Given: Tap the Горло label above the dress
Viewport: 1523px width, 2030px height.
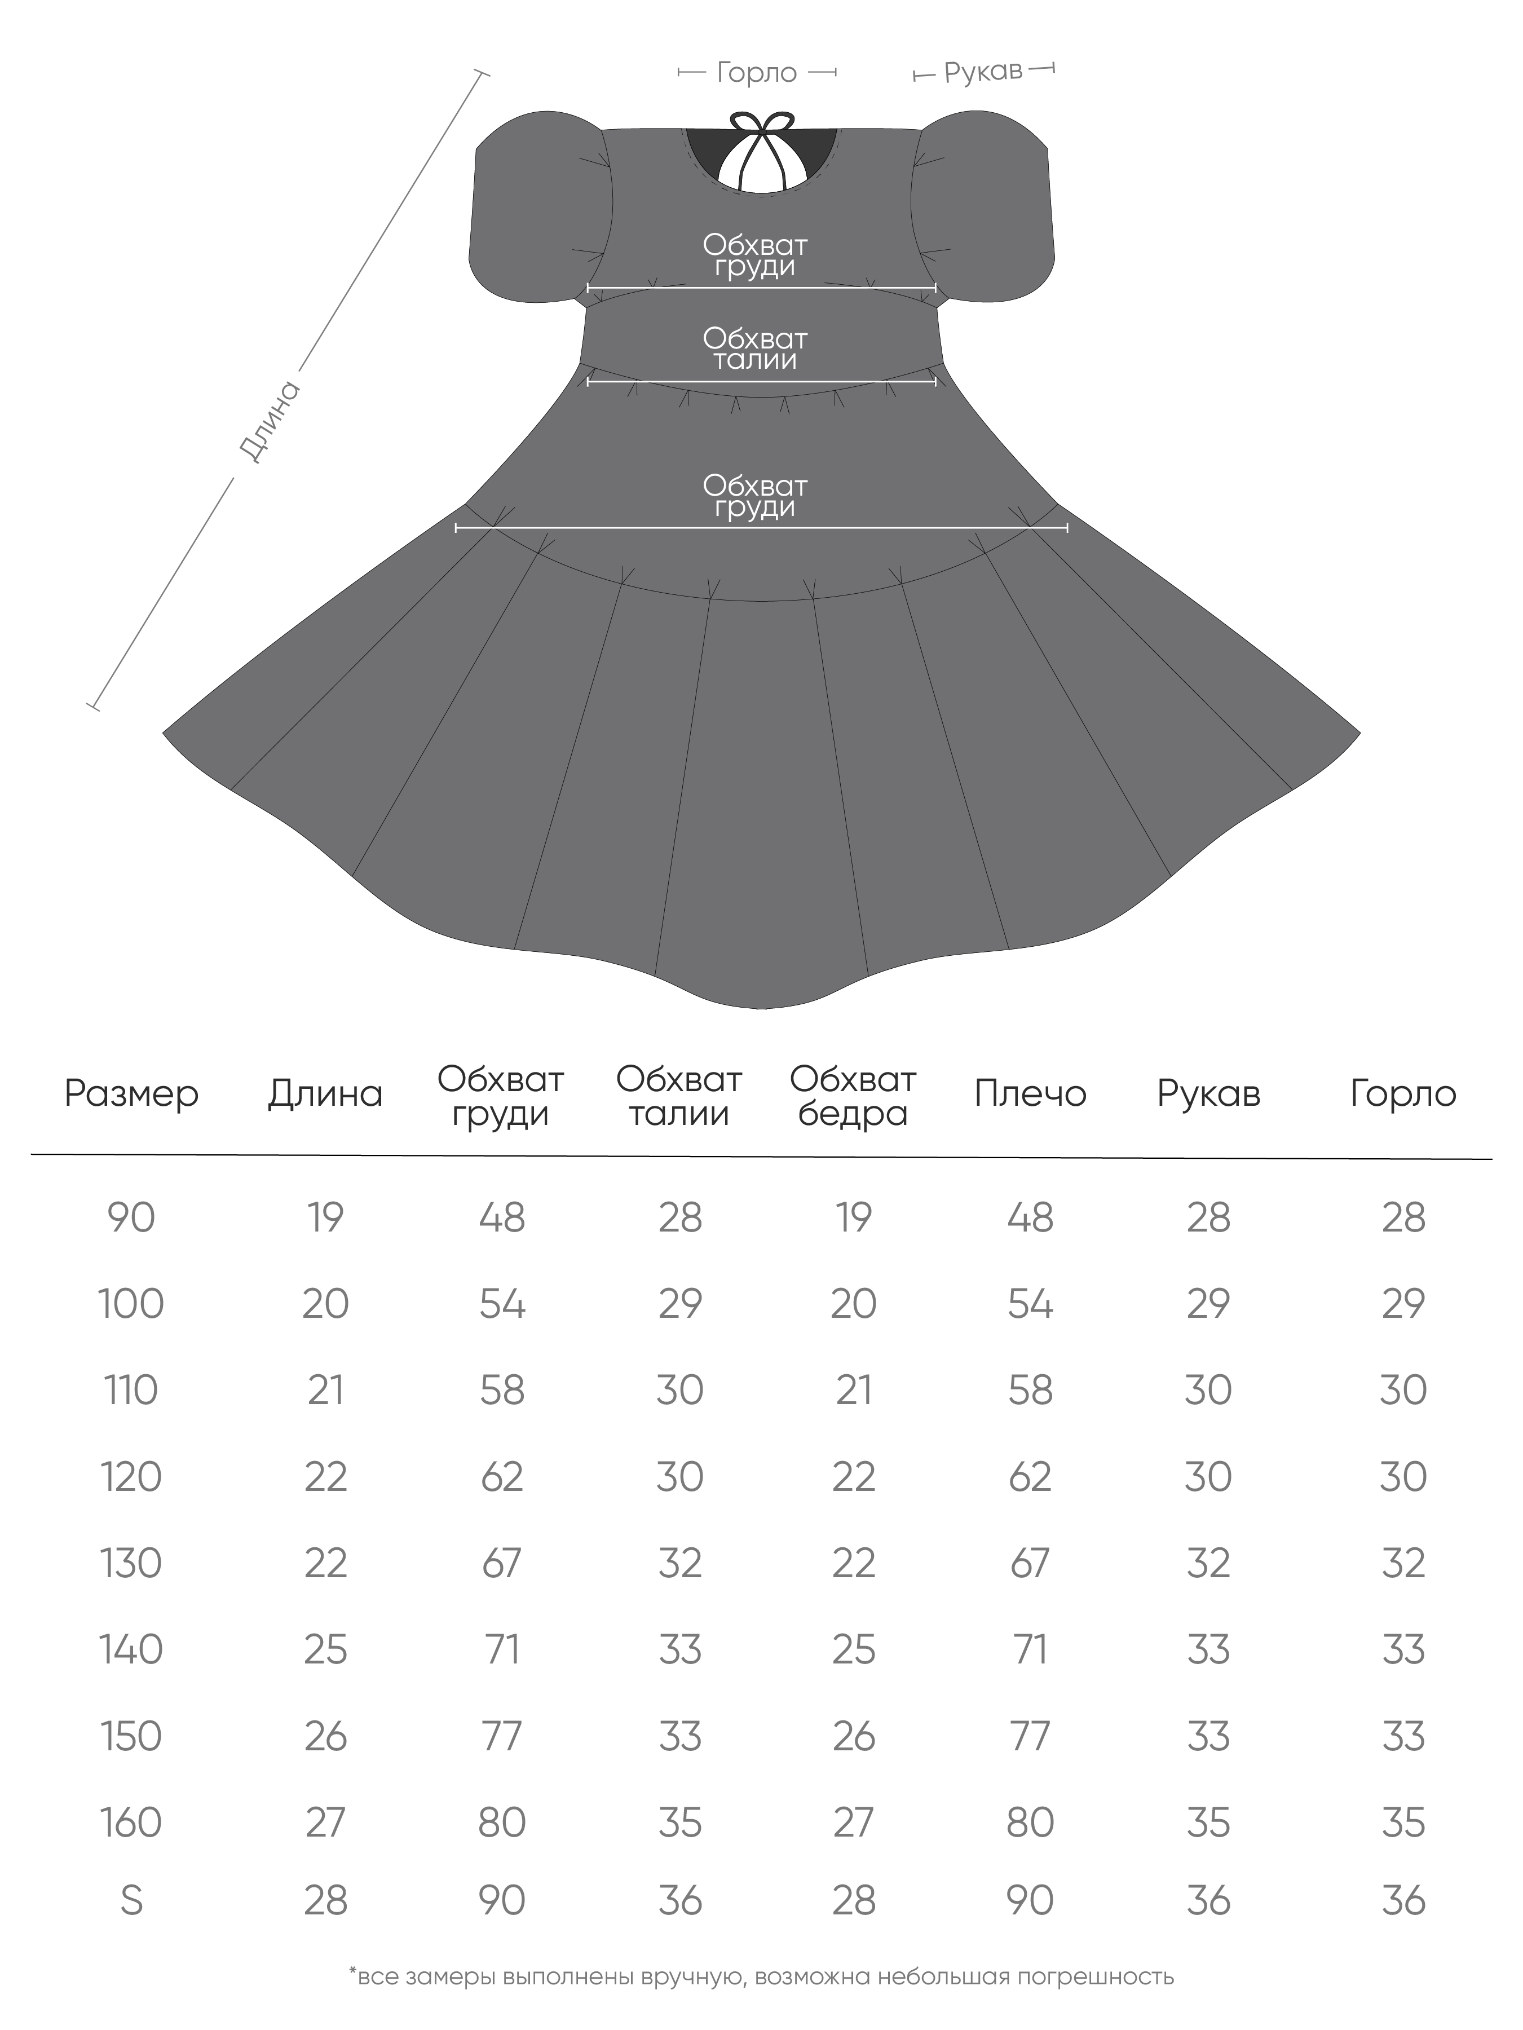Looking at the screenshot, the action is click(756, 73).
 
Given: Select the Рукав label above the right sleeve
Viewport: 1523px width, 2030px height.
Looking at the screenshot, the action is click(983, 72).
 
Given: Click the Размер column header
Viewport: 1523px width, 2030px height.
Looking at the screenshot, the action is click(131, 1094).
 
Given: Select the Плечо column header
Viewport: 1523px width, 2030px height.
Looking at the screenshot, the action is click(1030, 1094).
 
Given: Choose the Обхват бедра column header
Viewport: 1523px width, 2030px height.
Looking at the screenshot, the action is click(853, 1097).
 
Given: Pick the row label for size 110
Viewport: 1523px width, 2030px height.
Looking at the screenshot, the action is click(131, 1391).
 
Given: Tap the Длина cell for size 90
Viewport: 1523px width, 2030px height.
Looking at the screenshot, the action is click(326, 1218).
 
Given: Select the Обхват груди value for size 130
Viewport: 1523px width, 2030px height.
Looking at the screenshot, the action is click(502, 1563).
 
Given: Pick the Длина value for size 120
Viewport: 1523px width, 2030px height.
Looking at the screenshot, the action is click(326, 1477).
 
